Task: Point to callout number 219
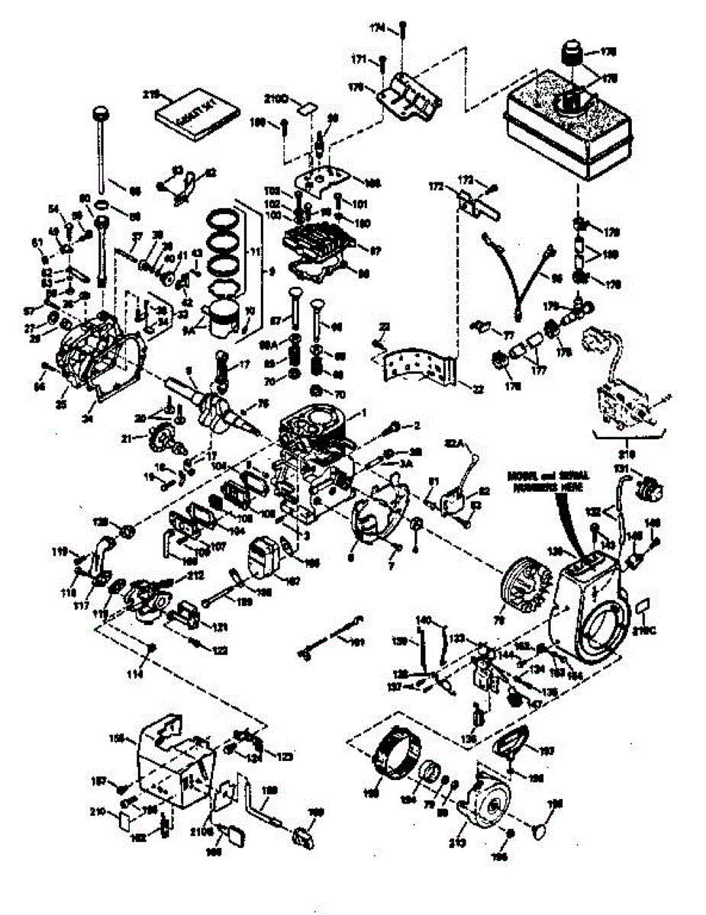click(150, 95)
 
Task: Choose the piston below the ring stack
click(227, 315)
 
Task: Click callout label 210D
click(276, 99)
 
